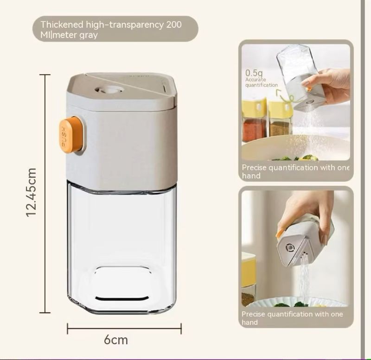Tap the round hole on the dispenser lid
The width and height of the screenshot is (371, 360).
(109, 90)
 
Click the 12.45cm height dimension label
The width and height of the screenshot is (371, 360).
(31, 192)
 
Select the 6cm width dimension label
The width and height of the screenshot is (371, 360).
(115, 340)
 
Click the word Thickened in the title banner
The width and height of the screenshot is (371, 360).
(62, 25)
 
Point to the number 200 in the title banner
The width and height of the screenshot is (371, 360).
(174, 25)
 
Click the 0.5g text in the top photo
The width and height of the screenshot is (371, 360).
(254, 73)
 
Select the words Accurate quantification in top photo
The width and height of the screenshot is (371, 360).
(261, 82)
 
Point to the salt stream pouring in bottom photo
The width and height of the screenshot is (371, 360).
(304, 281)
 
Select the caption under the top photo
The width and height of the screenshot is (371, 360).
(295, 171)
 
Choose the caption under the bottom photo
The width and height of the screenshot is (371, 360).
(292, 318)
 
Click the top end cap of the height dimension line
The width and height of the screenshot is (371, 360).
(45, 75)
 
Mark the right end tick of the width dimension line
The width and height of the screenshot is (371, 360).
(181, 328)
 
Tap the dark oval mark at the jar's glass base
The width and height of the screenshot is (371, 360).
(122, 298)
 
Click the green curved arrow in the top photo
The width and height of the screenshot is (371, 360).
(285, 96)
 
